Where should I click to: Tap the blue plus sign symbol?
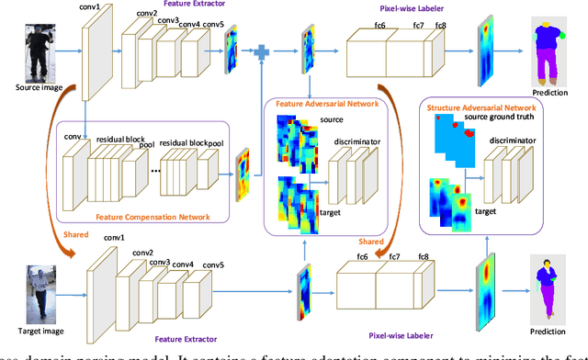point(262,53)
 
